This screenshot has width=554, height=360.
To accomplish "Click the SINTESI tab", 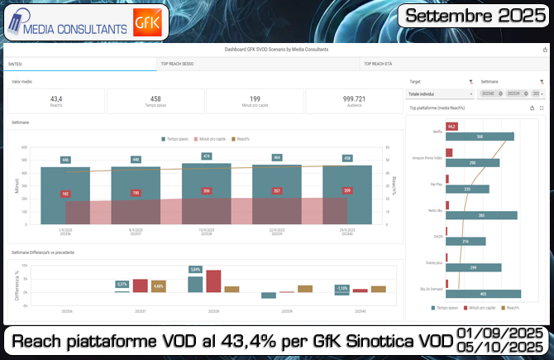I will coord(16,63).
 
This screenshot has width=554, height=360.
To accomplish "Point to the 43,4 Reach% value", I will coord(56,98).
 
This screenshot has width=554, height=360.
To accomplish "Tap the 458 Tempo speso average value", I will coord(155,98).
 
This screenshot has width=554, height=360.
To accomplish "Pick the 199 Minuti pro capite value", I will coord(255,98).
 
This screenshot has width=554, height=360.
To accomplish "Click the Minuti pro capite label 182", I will coord(65,194).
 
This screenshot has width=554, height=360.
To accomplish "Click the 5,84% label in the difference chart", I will coord(195,270).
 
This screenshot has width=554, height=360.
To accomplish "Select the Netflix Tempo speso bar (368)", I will coord(480,137).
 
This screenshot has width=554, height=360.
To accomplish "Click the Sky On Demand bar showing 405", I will coord(483,293).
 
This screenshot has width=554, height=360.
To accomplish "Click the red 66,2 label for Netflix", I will coord(451,126).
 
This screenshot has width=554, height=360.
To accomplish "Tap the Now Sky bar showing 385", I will coord(481,215).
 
